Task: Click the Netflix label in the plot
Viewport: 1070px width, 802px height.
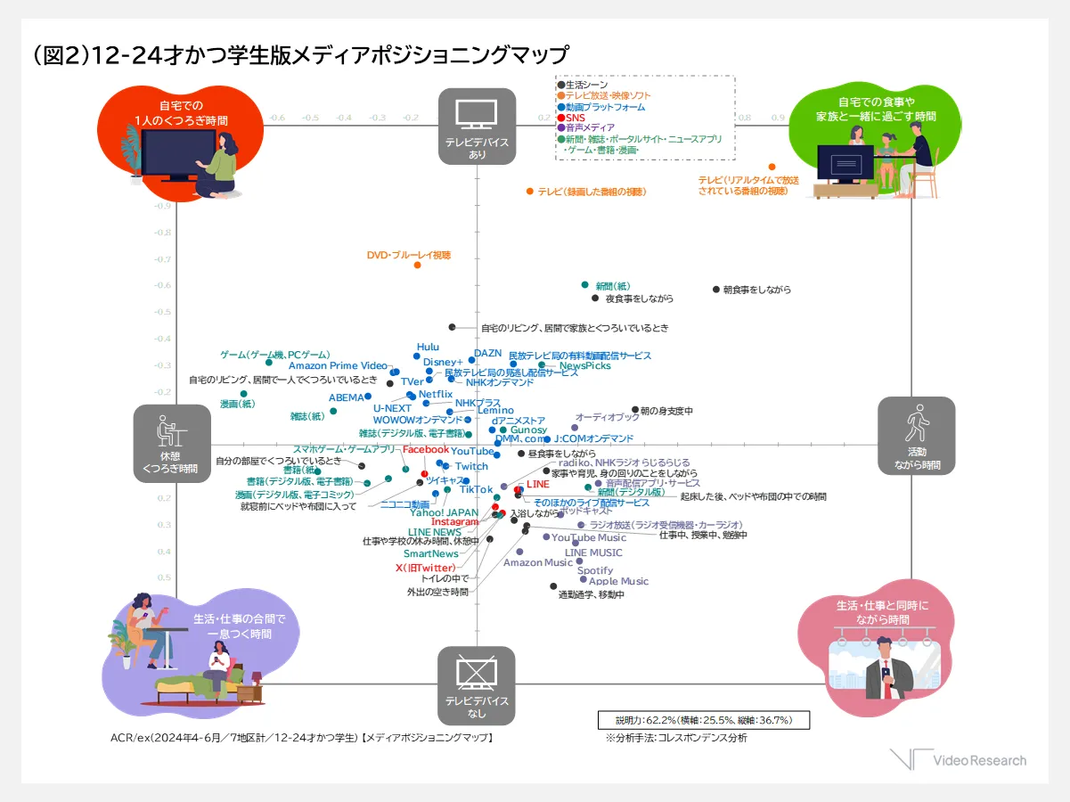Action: pyautogui.click(x=436, y=394)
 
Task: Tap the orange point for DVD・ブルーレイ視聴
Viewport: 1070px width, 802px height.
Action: pyautogui.click(x=417, y=265)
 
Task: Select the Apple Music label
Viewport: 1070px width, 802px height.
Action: pyautogui.click(x=618, y=581)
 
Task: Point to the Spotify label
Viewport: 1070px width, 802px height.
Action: pyautogui.click(x=594, y=570)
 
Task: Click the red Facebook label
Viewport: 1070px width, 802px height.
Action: pyautogui.click(x=426, y=449)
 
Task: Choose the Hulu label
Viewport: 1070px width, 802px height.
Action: pyautogui.click(x=428, y=348)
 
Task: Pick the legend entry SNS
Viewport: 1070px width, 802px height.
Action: pyautogui.click(x=576, y=117)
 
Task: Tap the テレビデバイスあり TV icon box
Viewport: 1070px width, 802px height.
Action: pyautogui.click(x=477, y=126)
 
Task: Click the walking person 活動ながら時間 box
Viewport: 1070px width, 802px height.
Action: pyautogui.click(x=916, y=435)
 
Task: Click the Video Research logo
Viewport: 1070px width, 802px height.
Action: pyautogui.click(x=958, y=760)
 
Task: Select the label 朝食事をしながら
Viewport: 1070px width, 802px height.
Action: pyautogui.click(x=756, y=290)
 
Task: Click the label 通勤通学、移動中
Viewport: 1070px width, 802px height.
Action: pyautogui.click(x=591, y=594)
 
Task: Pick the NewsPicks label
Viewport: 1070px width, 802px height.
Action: pyautogui.click(x=585, y=366)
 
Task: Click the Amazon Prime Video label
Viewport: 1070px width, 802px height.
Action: pyautogui.click(x=338, y=366)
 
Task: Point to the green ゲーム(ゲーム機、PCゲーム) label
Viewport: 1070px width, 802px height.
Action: pyautogui.click(x=274, y=355)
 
